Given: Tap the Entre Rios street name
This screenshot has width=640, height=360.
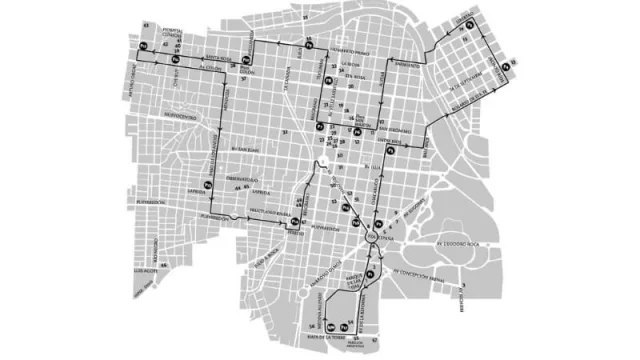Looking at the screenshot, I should tap(391, 142).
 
